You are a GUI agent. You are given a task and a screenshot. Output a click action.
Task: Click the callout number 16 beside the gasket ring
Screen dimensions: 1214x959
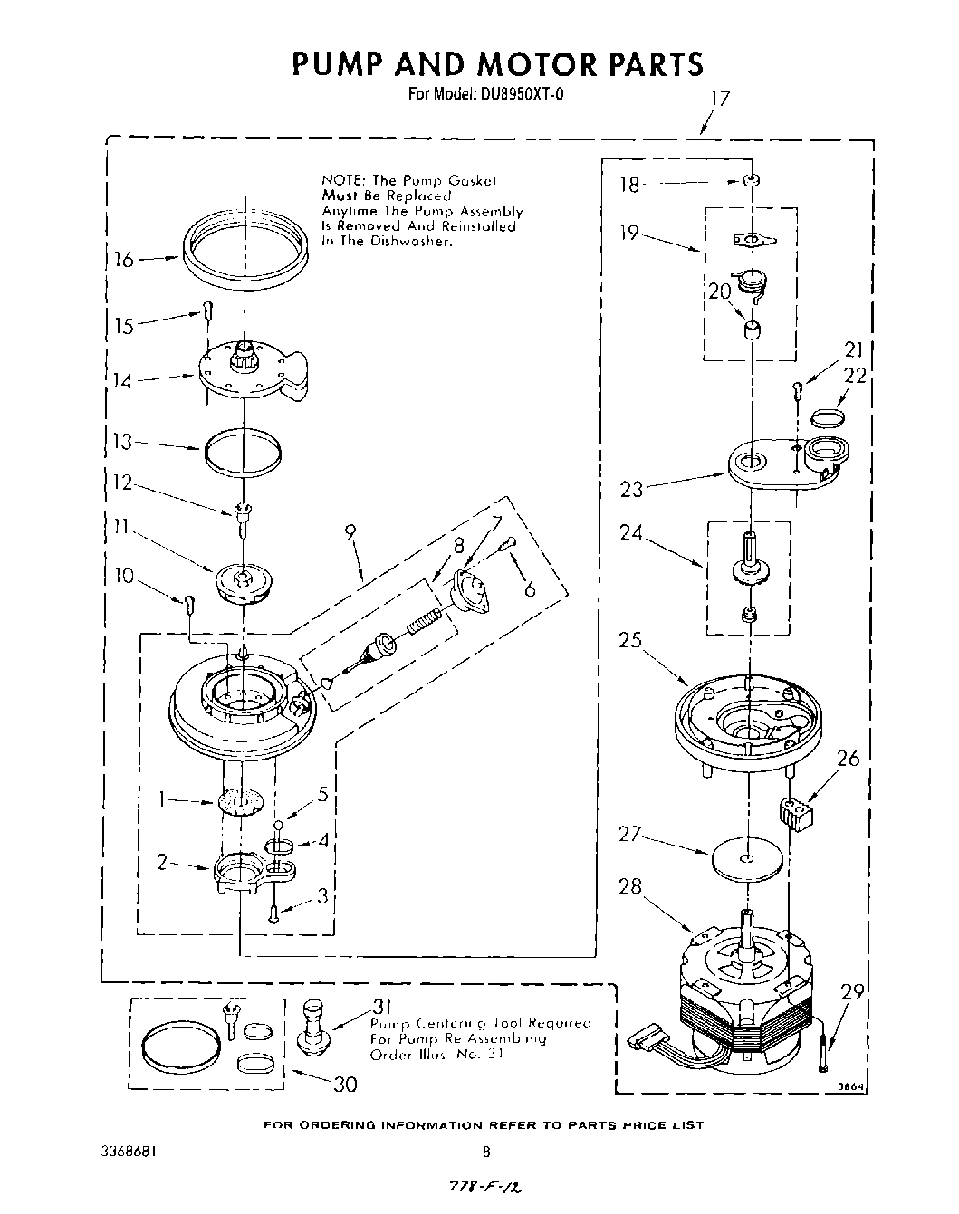pyautogui.click(x=124, y=261)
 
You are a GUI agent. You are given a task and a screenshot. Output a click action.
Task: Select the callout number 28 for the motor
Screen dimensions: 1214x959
pyautogui.click(x=630, y=886)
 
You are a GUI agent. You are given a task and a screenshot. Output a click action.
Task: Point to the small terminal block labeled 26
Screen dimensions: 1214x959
pyautogui.click(x=797, y=809)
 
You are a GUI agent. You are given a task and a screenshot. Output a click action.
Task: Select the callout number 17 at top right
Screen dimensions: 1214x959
pyautogui.click(x=719, y=99)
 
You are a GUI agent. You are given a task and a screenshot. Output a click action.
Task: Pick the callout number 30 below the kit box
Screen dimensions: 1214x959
pyautogui.click(x=345, y=1085)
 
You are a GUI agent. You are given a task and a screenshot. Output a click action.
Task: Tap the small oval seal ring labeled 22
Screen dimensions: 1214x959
pyautogui.click(x=828, y=417)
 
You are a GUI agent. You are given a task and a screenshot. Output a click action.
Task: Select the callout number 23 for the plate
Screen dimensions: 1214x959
pyautogui.click(x=631, y=490)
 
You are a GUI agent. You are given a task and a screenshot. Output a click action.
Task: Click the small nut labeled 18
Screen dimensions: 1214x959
pyautogui.click(x=751, y=181)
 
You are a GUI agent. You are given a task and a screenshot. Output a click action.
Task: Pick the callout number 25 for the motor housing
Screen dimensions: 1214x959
pyautogui.click(x=630, y=640)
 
